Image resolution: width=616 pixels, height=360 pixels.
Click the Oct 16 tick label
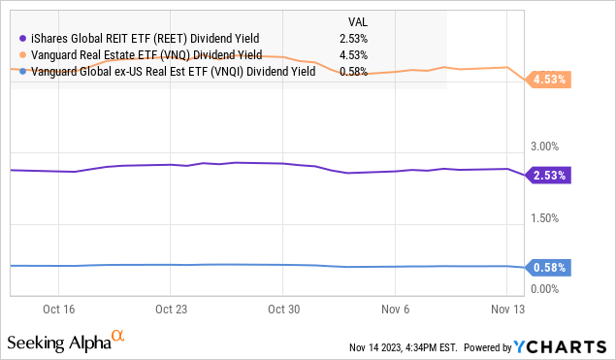[58, 311]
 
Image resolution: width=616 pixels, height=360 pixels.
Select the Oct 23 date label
[170, 311]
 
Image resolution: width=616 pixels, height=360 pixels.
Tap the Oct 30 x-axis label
[281, 311]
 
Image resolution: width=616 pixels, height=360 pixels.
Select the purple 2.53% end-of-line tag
[548, 176]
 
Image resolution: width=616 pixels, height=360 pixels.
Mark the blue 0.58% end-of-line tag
[548, 267]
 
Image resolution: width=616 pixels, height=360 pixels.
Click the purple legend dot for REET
[21, 38]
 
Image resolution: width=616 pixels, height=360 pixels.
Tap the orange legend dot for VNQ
[21, 54]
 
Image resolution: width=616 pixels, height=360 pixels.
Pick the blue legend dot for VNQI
[21, 71]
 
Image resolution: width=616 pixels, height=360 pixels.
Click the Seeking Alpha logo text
[58, 344]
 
